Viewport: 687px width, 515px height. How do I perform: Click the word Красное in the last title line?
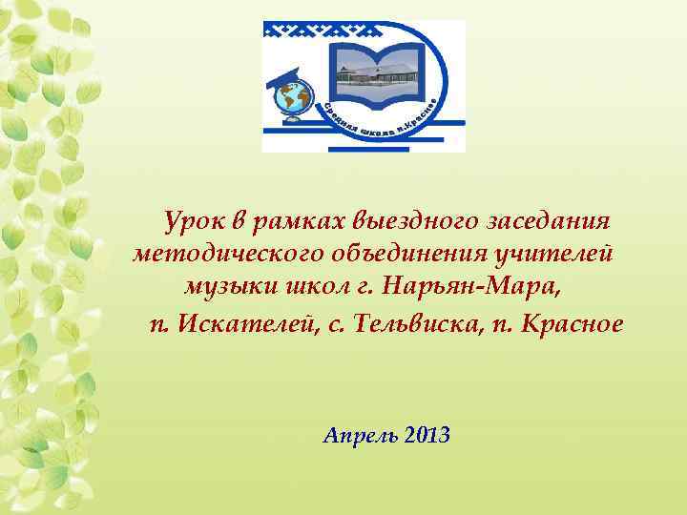tap(570, 324)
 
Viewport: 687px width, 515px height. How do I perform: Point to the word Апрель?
tap(360, 437)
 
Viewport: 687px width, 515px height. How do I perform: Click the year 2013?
tap(427, 437)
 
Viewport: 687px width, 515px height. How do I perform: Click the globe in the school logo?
tap(293, 95)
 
